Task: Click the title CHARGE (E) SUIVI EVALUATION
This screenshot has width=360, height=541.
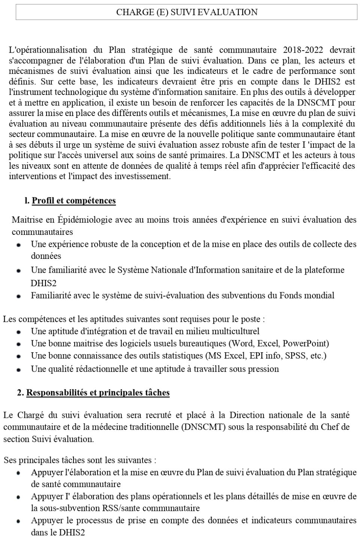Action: click(x=187, y=12)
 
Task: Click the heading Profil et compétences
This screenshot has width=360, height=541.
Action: click(x=73, y=201)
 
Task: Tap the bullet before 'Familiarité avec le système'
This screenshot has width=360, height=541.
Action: click(x=19, y=296)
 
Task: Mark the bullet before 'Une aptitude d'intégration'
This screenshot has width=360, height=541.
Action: click(x=19, y=332)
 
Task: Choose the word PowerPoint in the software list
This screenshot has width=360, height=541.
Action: click(x=305, y=343)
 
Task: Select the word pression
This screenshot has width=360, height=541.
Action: click(x=264, y=369)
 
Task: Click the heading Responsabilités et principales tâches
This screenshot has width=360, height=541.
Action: click(x=98, y=393)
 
